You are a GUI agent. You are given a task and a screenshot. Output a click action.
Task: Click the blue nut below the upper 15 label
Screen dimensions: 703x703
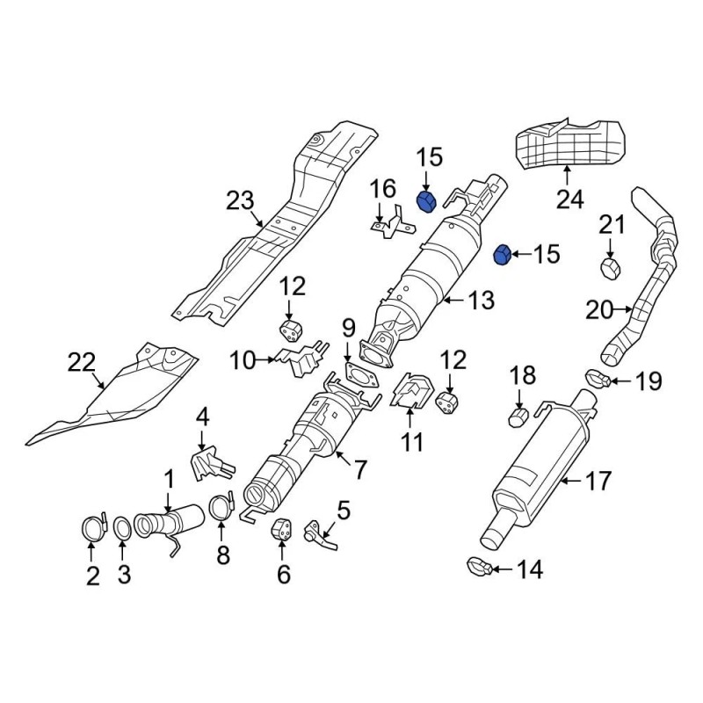(426, 202)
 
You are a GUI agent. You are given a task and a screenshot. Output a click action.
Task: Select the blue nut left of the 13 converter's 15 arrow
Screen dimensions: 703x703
(502, 255)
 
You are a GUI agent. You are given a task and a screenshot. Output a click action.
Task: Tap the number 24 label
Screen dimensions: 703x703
(569, 199)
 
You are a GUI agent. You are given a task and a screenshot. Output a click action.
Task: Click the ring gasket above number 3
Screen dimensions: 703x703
(122, 528)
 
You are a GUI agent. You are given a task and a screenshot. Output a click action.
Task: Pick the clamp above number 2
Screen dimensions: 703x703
(93, 527)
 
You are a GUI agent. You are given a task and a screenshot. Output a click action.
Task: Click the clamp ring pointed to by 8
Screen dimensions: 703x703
(221, 507)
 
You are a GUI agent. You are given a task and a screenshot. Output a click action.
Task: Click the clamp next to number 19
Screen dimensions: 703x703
(598, 379)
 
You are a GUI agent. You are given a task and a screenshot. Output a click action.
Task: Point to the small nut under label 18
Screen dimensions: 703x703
(518, 417)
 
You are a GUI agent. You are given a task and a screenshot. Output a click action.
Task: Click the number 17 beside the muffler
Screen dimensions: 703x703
(598, 482)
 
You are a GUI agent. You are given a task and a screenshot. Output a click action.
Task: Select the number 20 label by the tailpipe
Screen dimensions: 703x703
(599, 309)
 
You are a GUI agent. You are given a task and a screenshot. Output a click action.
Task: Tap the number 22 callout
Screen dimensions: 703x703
(82, 362)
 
